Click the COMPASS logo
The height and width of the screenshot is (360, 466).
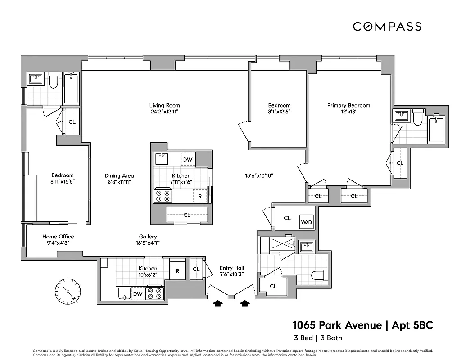coord(387,27)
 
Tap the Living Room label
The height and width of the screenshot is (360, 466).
coord(164,106)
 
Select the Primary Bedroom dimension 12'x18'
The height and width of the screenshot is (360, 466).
coord(348,112)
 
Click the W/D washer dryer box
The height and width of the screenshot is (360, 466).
coord(307,222)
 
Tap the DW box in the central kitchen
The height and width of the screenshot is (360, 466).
coord(188,159)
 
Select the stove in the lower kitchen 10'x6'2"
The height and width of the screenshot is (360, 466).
coord(155,293)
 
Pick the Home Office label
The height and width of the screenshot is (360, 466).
coord(58,237)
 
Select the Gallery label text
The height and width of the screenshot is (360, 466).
coord(148,237)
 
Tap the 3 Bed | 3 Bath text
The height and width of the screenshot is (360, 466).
coord(317,338)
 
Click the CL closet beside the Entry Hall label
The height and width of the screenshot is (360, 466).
coord(196,270)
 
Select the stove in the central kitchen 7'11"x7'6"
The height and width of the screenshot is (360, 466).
coord(163,196)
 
